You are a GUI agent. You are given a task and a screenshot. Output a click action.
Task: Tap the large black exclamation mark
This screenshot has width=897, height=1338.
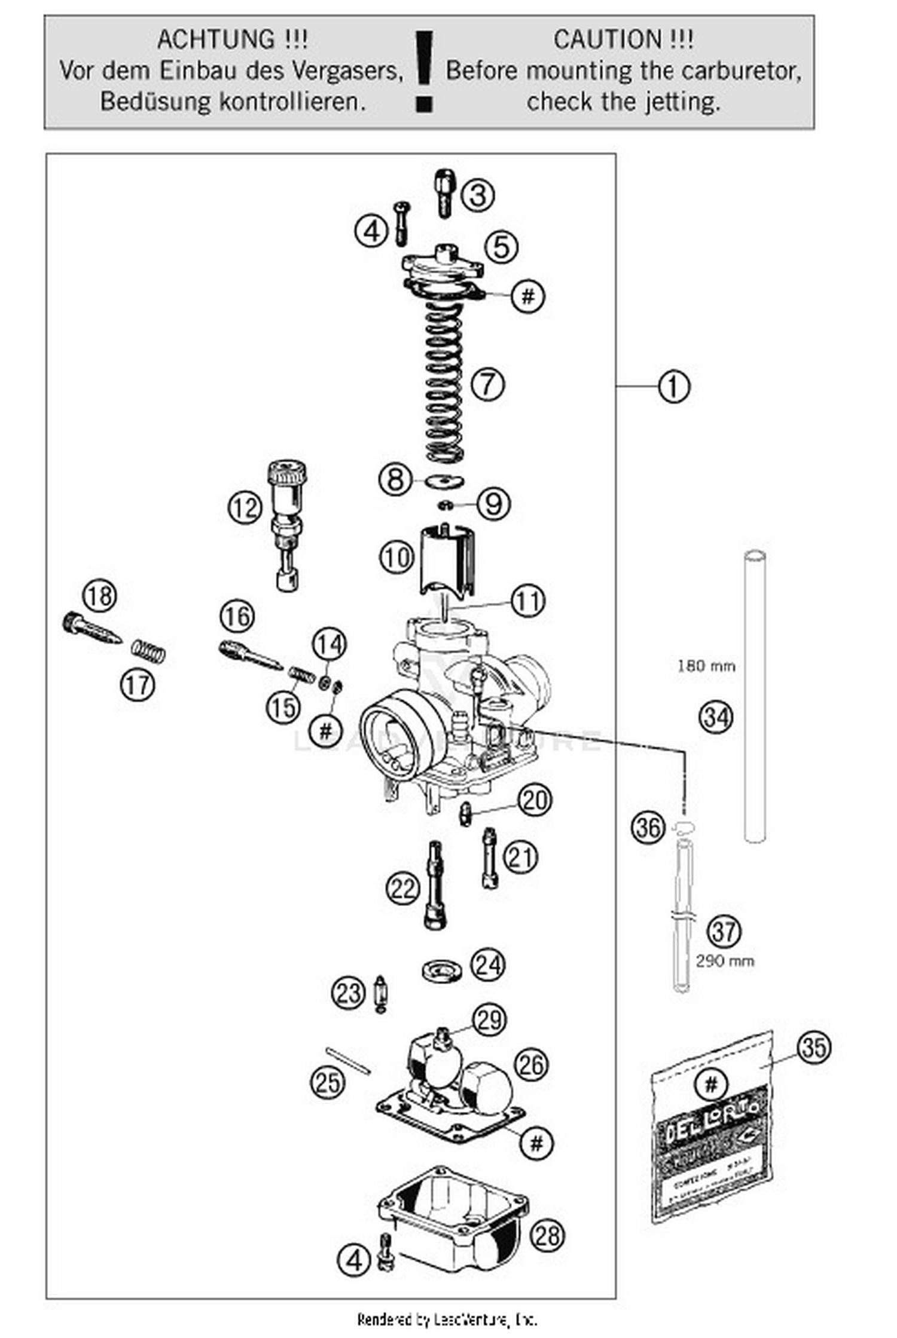click(x=425, y=72)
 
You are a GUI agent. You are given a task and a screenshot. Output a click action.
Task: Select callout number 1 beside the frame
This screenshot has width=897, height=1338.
click(x=673, y=387)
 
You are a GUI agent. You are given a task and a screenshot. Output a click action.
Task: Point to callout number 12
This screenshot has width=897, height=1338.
click(x=245, y=508)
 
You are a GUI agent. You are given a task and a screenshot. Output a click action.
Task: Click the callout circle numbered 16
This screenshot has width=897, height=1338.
click(x=237, y=616)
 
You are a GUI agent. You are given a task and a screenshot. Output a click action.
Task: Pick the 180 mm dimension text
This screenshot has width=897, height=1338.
click(x=706, y=666)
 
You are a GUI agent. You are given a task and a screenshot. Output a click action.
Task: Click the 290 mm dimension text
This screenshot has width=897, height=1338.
click(x=725, y=961)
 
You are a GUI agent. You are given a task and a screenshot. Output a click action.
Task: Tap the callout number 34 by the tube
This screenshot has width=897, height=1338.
click(x=716, y=717)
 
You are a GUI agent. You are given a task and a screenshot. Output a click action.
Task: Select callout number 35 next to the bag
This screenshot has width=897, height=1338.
click(x=814, y=1047)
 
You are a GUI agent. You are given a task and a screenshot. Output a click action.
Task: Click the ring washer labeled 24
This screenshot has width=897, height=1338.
click(x=442, y=970)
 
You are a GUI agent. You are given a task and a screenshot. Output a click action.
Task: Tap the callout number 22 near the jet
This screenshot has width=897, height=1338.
click(x=402, y=889)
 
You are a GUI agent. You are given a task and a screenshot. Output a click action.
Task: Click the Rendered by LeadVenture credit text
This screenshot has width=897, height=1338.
click(x=447, y=1319)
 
